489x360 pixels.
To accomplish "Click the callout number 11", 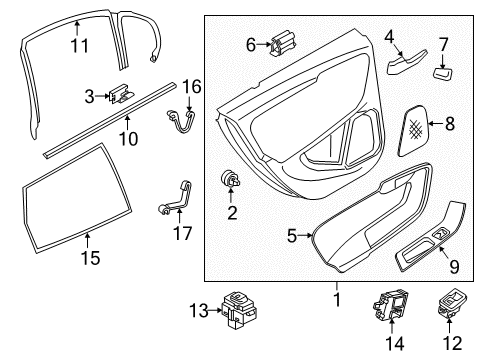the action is [80, 46].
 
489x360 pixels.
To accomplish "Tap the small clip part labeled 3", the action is [121, 94].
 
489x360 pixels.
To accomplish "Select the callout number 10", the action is [128, 139].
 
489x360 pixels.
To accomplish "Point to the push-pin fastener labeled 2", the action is [231, 179].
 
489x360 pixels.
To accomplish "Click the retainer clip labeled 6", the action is [283, 43].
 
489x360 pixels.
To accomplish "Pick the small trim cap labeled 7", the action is [443, 74].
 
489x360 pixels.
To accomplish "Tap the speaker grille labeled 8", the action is [413, 131].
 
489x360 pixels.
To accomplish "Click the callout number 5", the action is [292, 236].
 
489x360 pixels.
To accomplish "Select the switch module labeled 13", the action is [239, 310].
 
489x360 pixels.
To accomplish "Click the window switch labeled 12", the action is [452, 303].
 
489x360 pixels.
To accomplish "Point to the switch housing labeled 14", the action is [390, 305].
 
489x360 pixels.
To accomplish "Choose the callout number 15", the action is [90, 258].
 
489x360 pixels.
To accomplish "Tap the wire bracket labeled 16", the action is [181, 122].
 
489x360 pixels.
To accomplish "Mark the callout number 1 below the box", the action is [337, 299].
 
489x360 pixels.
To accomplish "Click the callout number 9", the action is [454, 266].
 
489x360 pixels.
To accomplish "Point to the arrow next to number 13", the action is [215, 311].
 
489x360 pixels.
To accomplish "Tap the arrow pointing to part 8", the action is [435, 124].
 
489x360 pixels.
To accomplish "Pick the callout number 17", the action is [183, 233].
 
